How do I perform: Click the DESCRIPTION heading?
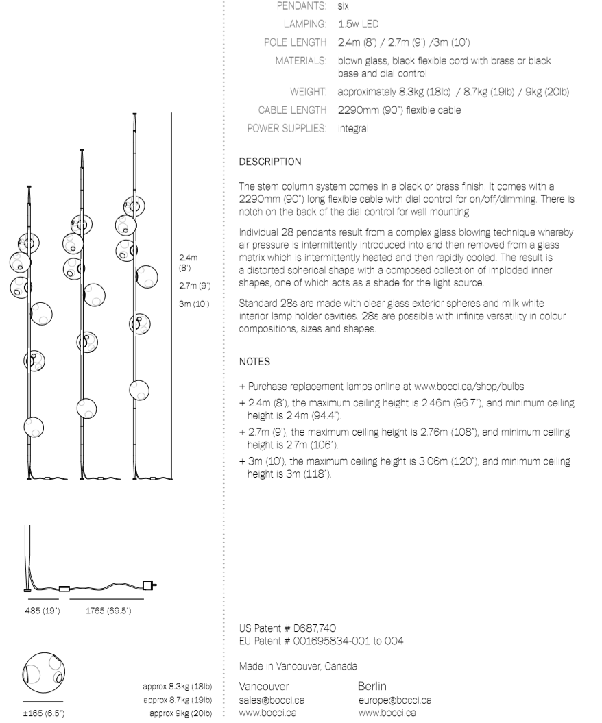coord(269,162)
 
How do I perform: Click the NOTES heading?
coord(254,360)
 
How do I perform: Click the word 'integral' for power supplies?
coord(353,127)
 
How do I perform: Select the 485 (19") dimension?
coord(41,610)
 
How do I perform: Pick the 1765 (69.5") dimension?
coord(108,610)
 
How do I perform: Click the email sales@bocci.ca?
coord(272,700)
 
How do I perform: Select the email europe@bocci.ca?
coord(394,700)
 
